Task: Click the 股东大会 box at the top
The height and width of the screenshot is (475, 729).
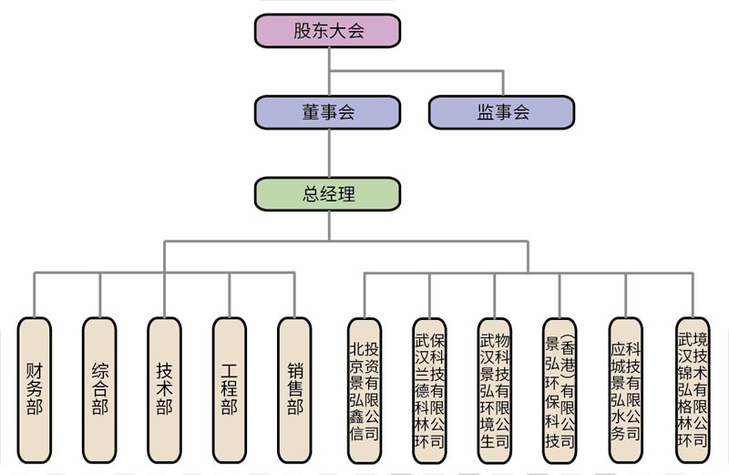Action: tap(328, 30)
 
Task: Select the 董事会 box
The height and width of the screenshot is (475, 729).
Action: tap(328, 112)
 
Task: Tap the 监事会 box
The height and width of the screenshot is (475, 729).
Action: tap(502, 112)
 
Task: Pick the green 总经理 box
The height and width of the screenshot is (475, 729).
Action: tap(328, 193)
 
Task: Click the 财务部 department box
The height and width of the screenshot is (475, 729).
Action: tap(35, 390)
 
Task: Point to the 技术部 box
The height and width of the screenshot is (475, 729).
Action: tap(165, 390)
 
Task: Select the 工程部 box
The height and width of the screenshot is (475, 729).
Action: tap(230, 390)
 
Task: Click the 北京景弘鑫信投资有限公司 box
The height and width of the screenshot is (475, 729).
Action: tap(364, 390)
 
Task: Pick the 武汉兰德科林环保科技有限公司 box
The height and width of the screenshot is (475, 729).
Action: tap(429, 390)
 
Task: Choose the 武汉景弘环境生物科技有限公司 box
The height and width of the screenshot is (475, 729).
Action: tap(495, 390)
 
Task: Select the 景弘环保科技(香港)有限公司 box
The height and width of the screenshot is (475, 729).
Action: tap(560, 390)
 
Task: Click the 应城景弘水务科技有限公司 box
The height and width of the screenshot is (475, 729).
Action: tap(626, 390)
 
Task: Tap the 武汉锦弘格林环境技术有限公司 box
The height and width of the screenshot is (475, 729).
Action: tap(692, 390)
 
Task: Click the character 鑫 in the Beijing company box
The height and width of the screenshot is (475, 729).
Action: tap(356, 415)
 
